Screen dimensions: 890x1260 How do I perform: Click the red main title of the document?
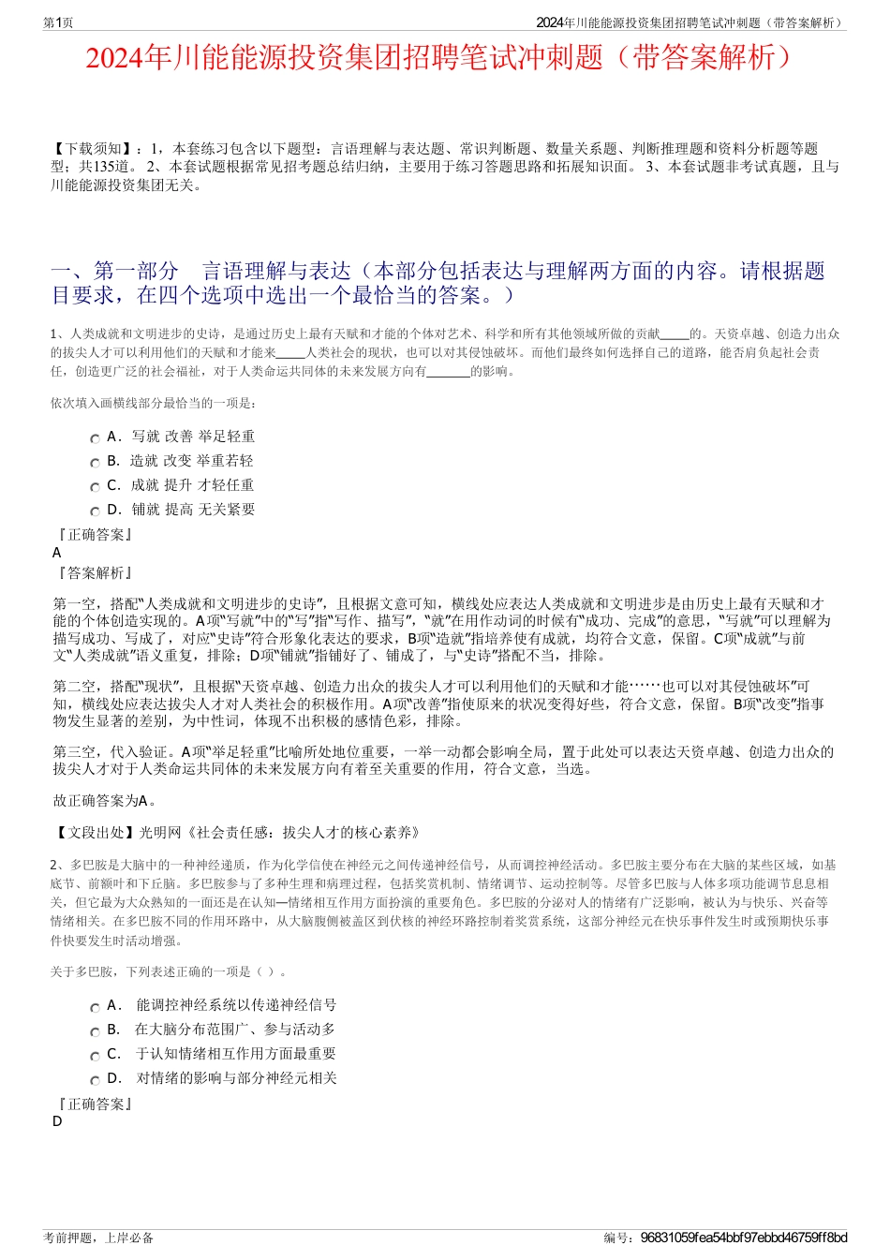pyautogui.click(x=444, y=58)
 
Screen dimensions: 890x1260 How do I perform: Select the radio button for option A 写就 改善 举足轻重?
pyautogui.click(x=95, y=438)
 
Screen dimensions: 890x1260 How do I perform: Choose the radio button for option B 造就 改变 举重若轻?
pyautogui.click(x=95, y=463)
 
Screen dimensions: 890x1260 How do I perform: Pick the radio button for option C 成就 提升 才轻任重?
pyautogui.click(x=95, y=487)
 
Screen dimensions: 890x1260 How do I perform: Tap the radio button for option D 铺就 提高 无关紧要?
pyautogui.click(x=95, y=511)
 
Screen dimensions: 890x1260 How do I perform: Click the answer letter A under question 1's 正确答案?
pyautogui.click(x=57, y=553)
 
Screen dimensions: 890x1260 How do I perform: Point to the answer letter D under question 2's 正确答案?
pyautogui.click(x=57, y=1121)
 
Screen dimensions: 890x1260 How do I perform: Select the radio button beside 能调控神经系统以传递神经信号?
pyautogui.click(x=95, y=1008)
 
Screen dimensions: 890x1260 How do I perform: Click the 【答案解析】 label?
pyautogui.click(x=95, y=573)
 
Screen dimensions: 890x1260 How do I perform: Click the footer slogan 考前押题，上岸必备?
pyautogui.click(x=98, y=1238)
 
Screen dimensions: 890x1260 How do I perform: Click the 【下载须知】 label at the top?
pyautogui.click(x=93, y=149)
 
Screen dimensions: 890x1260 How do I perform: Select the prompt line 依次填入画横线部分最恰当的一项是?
pyautogui.click(x=153, y=404)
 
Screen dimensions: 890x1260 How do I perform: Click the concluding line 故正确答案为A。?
pyautogui.click(x=106, y=801)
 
